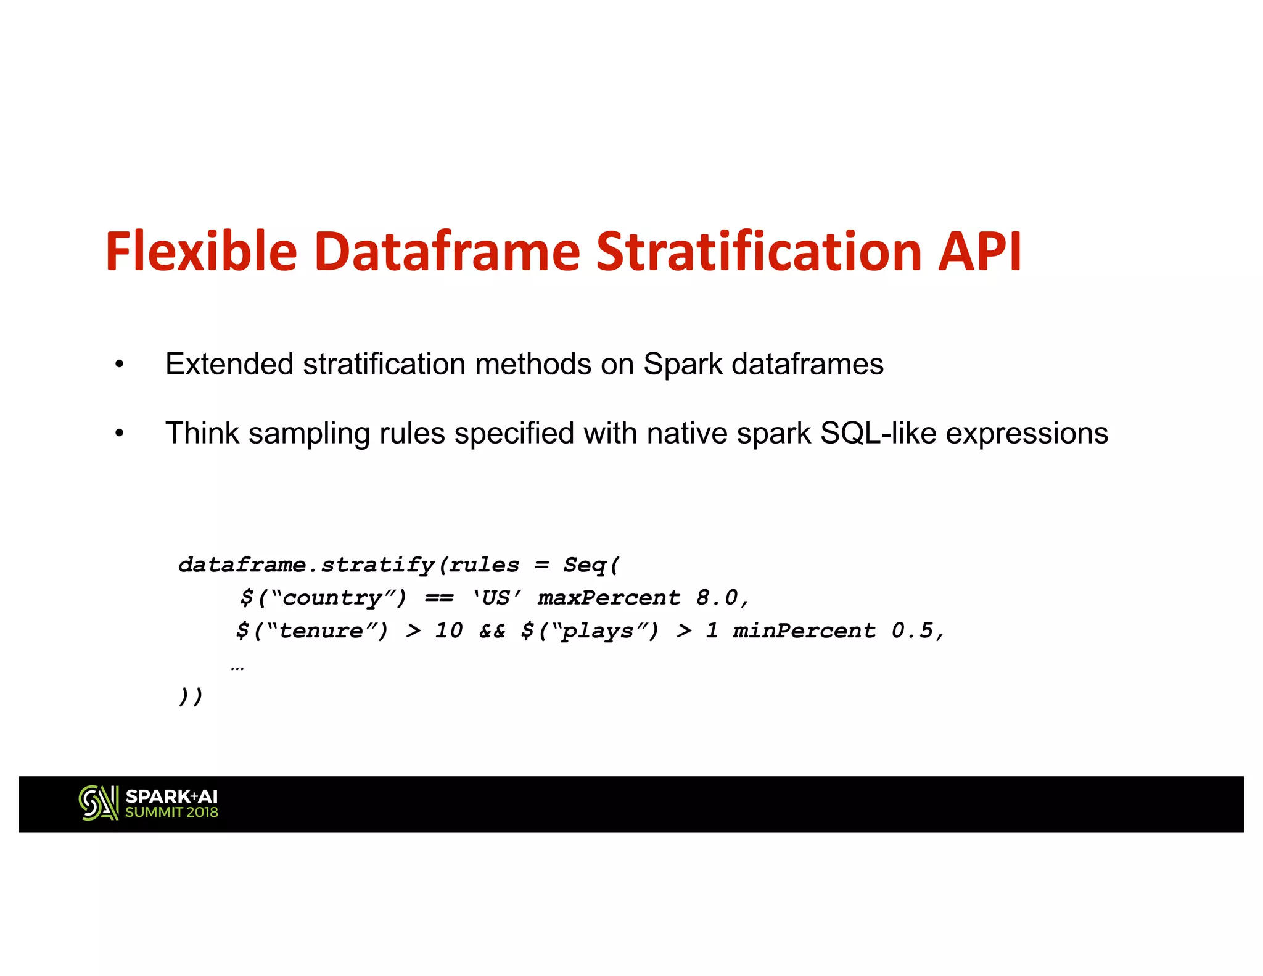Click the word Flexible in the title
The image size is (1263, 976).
[x=201, y=251]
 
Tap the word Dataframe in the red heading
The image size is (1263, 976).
[x=447, y=251]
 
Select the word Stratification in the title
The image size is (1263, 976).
[x=759, y=251]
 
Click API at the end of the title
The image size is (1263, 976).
[x=980, y=251]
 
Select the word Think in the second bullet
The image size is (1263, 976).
[x=202, y=433]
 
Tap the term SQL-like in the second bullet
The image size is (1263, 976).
[x=878, y=433]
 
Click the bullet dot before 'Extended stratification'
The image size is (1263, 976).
[x=120, y=365]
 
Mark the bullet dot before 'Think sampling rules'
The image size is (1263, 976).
[x=120, y=434]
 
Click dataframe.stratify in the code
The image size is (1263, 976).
[x=306, y=565]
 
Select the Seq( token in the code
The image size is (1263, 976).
[x=591, y=565]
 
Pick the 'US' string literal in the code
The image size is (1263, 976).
[x=497, y=598]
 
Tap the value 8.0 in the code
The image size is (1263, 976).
[x=717, y=598]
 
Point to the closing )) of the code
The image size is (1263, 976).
[x=191, y=697]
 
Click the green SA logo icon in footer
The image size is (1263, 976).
[x=99, y=803]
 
